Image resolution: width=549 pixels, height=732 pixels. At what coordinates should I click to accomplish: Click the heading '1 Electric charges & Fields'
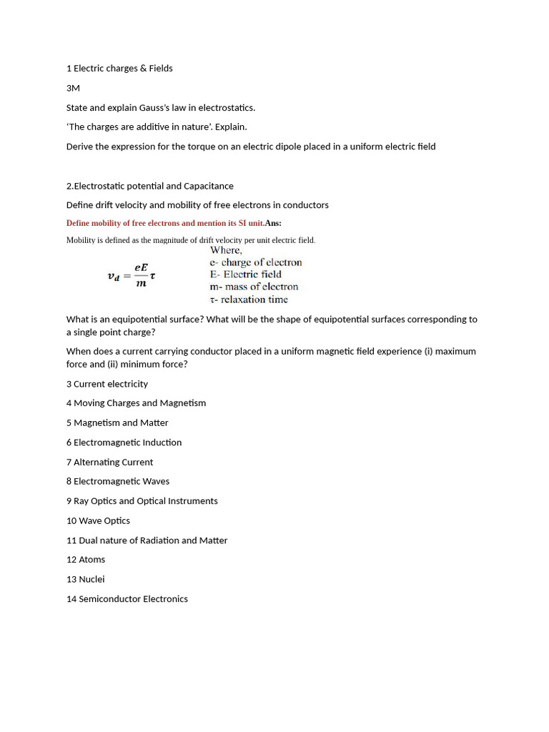(119, 69)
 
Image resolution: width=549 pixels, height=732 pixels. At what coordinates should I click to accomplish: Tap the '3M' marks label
(73, 88)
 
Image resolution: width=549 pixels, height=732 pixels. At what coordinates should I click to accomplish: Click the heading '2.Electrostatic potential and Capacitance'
(149, 186)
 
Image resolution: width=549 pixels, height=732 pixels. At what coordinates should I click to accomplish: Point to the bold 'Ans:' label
(273, 223)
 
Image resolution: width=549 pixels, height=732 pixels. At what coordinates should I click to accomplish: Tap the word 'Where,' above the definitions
(226, 250)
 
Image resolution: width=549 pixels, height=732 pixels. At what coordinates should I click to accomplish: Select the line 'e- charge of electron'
(255, 262)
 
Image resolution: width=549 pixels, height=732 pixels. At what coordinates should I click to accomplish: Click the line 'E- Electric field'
(245, 274)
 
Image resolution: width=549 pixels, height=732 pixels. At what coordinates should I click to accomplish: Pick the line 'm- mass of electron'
(254, 287)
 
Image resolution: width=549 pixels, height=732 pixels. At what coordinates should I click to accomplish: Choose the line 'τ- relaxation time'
(248, 300)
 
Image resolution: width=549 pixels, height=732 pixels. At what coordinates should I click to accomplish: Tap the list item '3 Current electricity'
(107, 384)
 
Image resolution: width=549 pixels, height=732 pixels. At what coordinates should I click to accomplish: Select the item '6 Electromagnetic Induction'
(124, 442)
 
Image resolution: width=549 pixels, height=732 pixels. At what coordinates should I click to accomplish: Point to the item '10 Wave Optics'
(98, 521)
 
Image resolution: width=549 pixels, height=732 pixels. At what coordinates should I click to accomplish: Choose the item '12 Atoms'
(86, 560)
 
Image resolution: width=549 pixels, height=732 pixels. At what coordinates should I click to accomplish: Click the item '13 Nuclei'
(85, 579)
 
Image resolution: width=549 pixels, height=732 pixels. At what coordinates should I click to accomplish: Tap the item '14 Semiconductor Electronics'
(127, 599)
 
